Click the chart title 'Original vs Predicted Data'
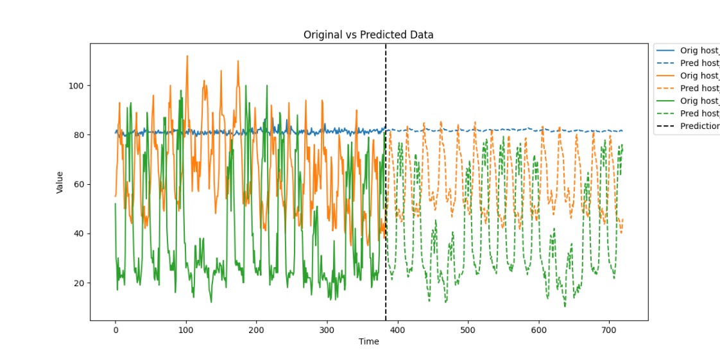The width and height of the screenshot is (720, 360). coord(368,35)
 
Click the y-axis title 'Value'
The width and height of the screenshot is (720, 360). coord(60,182)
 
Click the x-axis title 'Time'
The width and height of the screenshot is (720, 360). coord(368,341)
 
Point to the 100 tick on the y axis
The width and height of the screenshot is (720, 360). coord(76,86)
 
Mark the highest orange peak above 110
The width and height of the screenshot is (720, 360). coord(187,56)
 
